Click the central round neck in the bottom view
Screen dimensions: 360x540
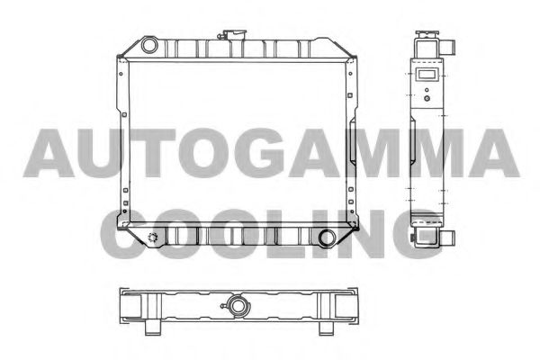point(239,307)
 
